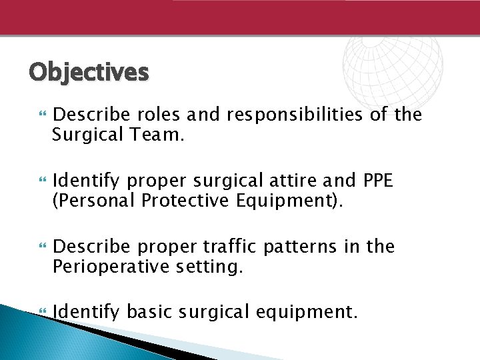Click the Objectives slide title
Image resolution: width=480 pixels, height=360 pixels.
click(x=89, y=71)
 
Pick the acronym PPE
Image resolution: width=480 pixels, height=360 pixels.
click(x=379, y=180)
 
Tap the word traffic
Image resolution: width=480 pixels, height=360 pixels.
click(x=227, y=247)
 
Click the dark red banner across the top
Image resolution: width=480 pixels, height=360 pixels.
click(x=240, y=17)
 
